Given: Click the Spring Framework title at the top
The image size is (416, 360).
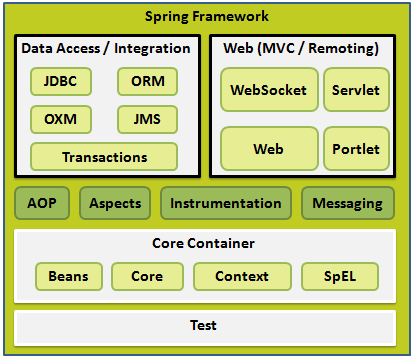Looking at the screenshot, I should (207, 17).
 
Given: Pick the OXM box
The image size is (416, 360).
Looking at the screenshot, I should (61, 120).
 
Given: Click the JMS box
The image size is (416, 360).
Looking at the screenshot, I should (147, 120).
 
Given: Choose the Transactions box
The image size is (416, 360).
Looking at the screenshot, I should (104, 157).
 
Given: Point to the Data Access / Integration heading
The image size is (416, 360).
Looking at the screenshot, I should (105, 48).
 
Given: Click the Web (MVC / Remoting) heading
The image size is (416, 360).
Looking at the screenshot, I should (303, 48).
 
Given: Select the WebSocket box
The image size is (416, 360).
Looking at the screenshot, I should (269, 90).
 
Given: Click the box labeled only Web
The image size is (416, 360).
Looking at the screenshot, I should (269, 148).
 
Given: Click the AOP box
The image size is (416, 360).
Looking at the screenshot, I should (43, 203).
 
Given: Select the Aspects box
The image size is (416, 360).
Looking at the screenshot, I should (115, 203).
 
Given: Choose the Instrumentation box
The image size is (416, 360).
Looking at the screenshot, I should (225, 203).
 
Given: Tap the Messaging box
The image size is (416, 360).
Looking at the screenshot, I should (347, 203).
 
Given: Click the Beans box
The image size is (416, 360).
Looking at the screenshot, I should (68, 276).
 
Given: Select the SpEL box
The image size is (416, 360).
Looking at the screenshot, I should (340, 276).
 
